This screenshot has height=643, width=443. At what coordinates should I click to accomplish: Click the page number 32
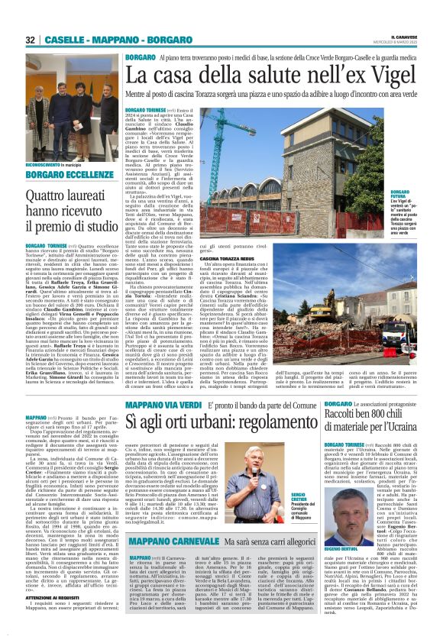tap(31, 39)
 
